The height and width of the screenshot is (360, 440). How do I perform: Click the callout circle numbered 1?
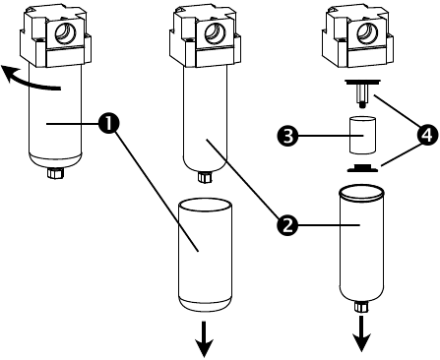(x=109, y=123)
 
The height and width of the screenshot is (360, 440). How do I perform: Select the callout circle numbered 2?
(x=287, y=224)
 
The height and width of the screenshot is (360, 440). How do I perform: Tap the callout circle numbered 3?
(x=287, y=136)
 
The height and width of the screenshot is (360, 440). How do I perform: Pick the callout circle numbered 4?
(x=426, y=135)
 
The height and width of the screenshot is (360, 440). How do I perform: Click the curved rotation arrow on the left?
(x=27, y=81)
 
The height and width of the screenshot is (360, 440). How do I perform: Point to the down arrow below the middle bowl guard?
(x=205, y=339)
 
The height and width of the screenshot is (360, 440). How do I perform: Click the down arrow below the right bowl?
(x=362, y=333)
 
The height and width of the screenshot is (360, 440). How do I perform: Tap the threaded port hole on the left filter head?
(x=66, y=33)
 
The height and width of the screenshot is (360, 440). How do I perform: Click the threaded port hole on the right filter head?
(x=368, y=33)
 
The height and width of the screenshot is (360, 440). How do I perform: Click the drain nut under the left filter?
(x=55, y=173)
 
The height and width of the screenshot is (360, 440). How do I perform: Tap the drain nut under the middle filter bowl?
(x=205, y=177)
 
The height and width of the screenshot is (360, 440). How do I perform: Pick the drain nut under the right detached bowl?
(x=361, y=307)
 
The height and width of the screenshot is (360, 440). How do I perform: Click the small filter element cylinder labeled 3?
(x=362, y=135)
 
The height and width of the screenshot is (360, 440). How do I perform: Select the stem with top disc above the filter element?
(x=362, y=92)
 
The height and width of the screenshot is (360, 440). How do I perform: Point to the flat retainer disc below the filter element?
(x=362, y=168)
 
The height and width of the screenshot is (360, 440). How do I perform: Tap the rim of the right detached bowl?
(x=361, y=193)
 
